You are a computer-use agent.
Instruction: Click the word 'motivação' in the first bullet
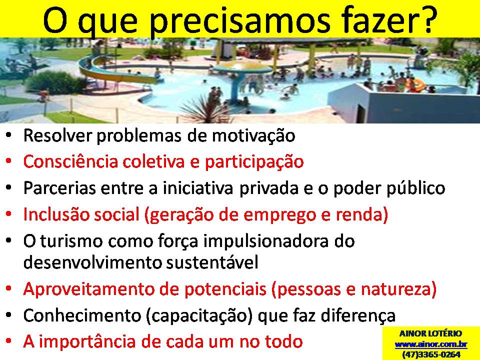[253, 135]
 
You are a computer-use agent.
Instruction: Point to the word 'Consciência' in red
[70, 161]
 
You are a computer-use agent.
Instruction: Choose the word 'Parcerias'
[59, 188]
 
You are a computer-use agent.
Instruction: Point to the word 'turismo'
[71, 241]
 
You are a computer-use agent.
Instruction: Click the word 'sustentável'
[212, 262]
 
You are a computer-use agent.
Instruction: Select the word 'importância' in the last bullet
[87, 342]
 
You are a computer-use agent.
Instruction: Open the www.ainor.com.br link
[430, 344]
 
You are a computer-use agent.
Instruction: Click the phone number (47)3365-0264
[430, 354]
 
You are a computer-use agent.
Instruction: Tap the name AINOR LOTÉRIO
[430, 333]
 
